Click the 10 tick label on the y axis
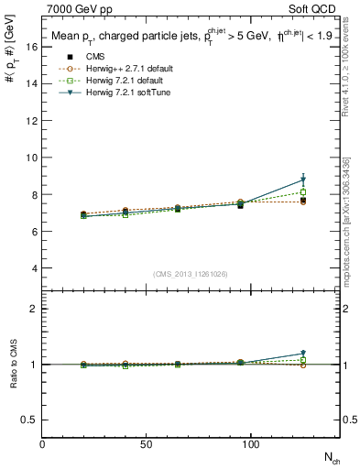point(32,158)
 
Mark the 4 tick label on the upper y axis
point(35,268)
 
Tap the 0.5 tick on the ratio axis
point(30,420)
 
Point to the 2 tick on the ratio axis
point(35,309)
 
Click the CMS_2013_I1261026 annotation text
point(191,274)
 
